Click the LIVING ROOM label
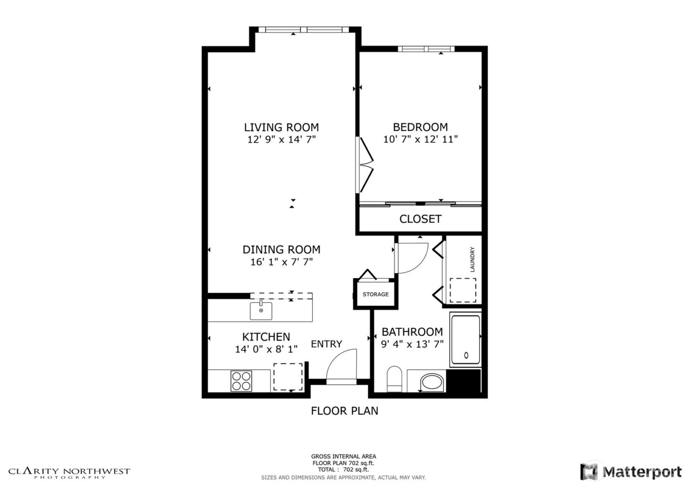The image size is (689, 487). coord(282,127)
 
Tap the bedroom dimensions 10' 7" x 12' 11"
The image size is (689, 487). coord(420,139)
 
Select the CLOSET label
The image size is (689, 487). coord(420,219)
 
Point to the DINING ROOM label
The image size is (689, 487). coord(282,250)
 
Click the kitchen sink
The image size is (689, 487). coord(261,311)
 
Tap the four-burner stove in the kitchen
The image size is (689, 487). coord(242,381)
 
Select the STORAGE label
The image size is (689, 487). coord(376,294)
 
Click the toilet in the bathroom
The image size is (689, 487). coord(395,379)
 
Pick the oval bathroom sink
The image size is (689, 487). coord(433,383)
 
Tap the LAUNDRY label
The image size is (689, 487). coord(472,260)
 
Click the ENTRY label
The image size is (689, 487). coord(326,344)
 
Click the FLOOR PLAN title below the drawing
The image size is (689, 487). coord(344,411)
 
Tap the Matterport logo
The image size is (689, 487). coord(632,472)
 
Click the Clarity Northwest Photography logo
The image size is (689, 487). coord(69,473)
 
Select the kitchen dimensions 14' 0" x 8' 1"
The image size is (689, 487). coord(266,350)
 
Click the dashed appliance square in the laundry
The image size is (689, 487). coord(464,290)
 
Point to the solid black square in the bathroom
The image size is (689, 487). coord(467,381)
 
